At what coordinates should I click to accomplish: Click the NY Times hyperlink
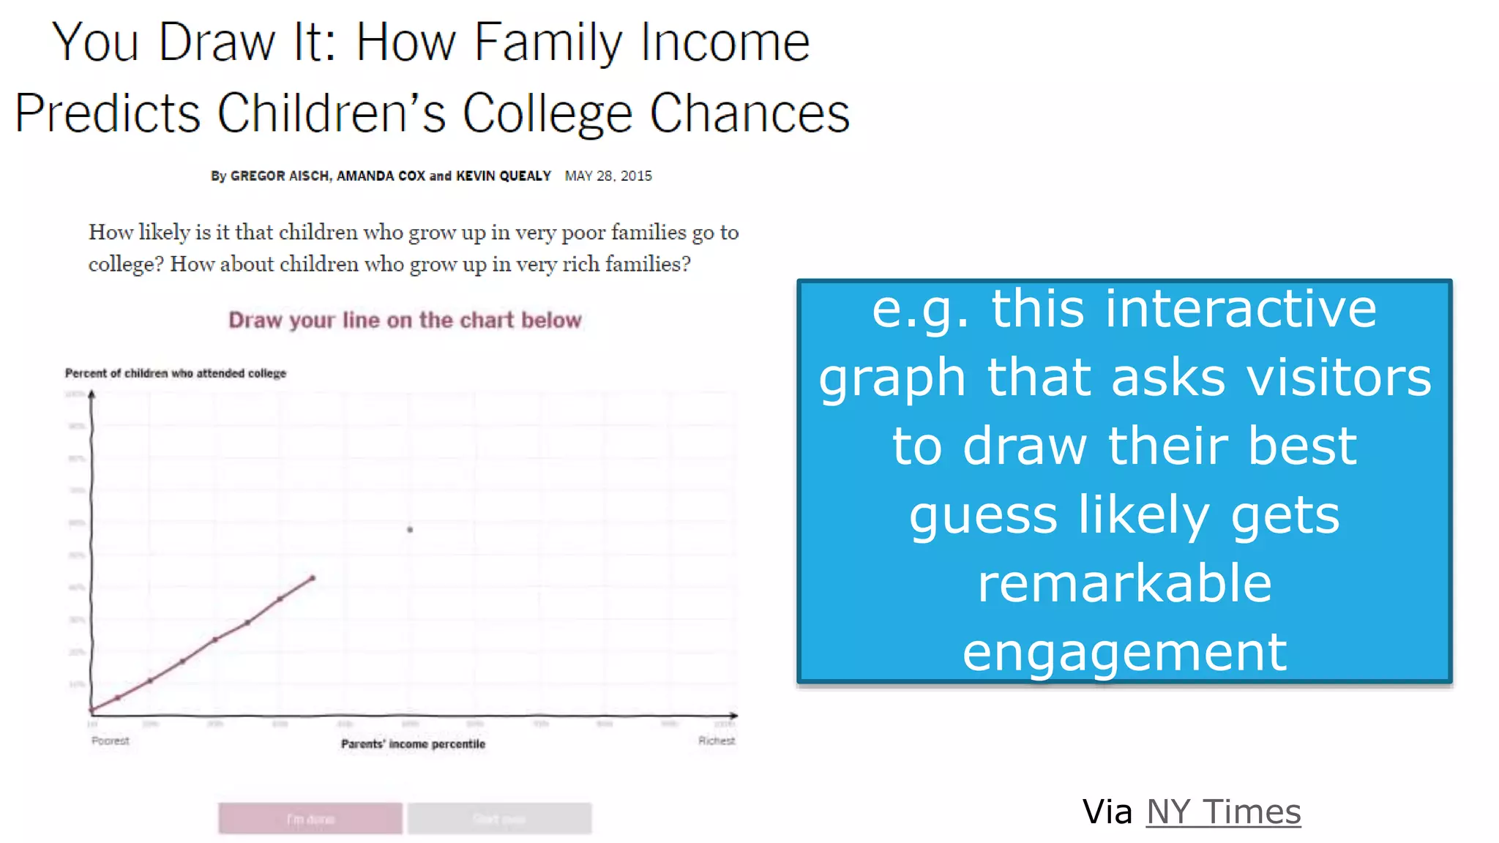point(1223,812)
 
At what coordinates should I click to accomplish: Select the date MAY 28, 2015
point(608,176)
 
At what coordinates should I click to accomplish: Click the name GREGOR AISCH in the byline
point(280,176)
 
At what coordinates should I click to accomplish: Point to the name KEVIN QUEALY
point(503,176)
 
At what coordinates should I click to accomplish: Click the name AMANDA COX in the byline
point(381,176)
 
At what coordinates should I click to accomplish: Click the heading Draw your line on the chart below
point(405,321)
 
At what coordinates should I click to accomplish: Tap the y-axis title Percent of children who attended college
point(176,373)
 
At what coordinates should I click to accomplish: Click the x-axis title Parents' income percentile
point(413,744)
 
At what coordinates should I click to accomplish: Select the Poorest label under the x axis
point(110,741)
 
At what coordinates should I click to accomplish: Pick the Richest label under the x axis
point(716,741)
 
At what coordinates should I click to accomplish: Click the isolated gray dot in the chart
point(410,529)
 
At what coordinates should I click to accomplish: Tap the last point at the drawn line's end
point(313,578)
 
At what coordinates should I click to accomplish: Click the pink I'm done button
point(310,819)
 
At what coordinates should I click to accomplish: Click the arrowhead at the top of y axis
point(91,394)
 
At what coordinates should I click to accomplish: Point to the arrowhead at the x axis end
point(734,715)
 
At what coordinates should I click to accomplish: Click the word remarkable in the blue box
point(1124,583)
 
